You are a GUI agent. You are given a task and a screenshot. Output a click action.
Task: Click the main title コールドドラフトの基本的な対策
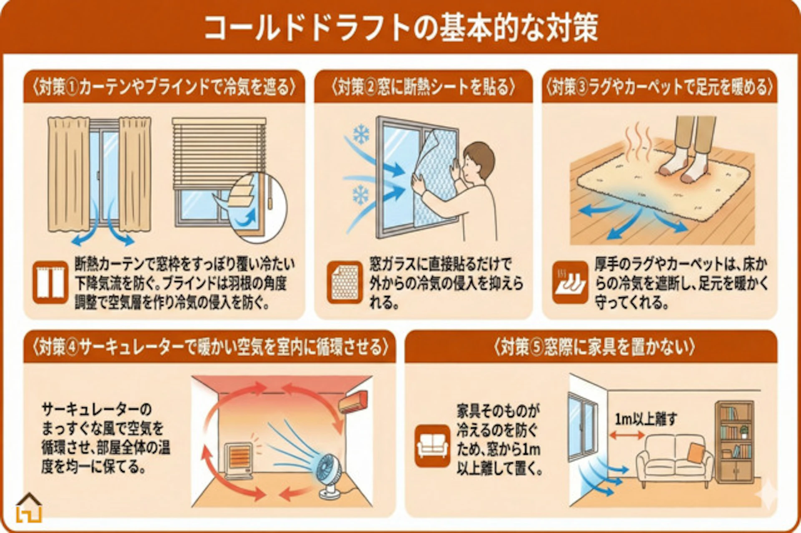coord(400,28)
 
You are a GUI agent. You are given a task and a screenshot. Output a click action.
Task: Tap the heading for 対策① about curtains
coord(164,88)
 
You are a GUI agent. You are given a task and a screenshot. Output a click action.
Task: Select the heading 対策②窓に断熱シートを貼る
coord(423,88)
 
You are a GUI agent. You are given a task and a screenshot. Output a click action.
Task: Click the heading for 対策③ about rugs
coord(659,88)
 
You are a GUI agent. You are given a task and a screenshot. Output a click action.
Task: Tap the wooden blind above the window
coord(219,152)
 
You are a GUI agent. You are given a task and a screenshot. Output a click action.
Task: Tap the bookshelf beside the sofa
coord(734,442)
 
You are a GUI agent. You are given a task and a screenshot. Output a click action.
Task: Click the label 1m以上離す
coord(646,419)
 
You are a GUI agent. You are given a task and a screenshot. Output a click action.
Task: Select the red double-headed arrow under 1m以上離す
coord(627,435)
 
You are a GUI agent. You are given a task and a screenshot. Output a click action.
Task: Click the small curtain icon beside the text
coord(50,282)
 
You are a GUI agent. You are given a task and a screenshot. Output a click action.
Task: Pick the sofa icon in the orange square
coord(432,446)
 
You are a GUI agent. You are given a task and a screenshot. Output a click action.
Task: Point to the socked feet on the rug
coord(684,165)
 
